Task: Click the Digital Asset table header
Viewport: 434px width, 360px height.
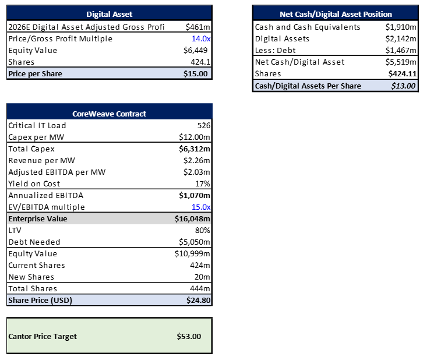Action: coord(109,14)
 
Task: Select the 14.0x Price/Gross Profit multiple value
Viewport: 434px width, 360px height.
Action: coord(201,38)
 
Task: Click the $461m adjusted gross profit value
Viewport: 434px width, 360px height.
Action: coord(198,27)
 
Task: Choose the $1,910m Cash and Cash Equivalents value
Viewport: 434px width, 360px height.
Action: coord(401,27)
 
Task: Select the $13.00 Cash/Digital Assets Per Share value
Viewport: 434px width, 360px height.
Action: coord(403,86)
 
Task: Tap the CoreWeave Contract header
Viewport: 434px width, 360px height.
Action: coord(109,114)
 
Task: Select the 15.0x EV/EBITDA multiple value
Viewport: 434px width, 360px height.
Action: coord(201,207)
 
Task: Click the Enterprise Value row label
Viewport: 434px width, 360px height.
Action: coord(38,218)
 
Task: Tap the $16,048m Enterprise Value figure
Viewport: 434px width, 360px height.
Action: coord(193,218)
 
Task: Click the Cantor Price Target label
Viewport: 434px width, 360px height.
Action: coord(43,336)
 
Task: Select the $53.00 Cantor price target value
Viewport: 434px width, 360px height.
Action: coord(189,336)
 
